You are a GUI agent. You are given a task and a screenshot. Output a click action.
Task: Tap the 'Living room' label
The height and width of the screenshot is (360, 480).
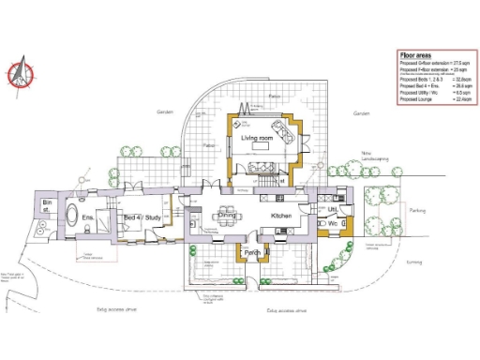(256, 139)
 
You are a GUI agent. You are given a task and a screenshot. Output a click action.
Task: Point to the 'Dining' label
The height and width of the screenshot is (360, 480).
(227, 216)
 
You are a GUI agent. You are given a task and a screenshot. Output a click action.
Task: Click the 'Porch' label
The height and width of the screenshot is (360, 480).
(251, 253)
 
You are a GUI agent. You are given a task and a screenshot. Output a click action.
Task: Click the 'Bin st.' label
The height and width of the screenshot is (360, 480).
(48, 206)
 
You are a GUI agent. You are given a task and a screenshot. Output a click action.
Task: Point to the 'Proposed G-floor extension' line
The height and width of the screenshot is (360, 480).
(431, 64)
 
